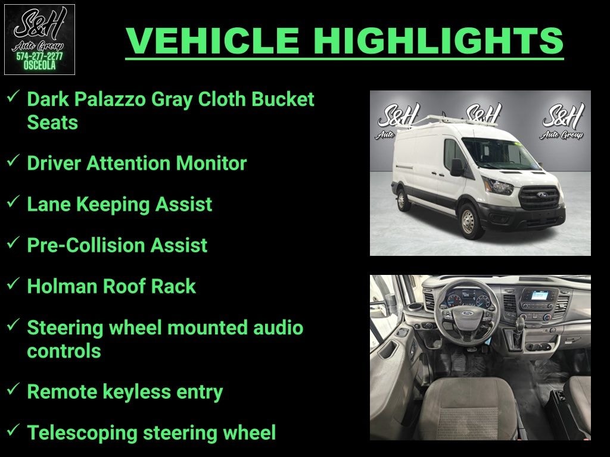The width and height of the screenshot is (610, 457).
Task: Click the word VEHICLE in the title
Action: [213, 40]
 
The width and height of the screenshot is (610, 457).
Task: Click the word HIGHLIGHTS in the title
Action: [439, 40]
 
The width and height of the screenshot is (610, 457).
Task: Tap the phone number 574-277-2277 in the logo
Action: [39, 57]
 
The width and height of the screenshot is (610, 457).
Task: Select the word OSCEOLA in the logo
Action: [39, 66]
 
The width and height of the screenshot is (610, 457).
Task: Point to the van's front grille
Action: [540, 197]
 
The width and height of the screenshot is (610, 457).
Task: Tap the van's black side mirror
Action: [457, 167]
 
